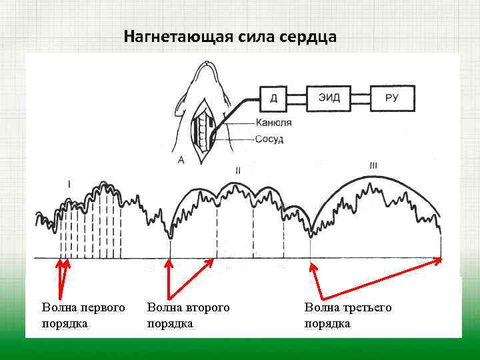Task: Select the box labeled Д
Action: coord(274,98)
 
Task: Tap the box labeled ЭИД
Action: coord(329,98)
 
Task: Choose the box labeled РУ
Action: coord(393,98)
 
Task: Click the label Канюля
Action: coord(273,123)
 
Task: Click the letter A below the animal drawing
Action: coord(181,160)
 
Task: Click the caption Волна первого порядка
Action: coord(83,315)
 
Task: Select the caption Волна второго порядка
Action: coord(187,315)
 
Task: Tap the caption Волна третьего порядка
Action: coord(347,315)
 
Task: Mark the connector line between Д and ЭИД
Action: coord(298,98)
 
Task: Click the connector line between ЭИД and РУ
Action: coord(361,98)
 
